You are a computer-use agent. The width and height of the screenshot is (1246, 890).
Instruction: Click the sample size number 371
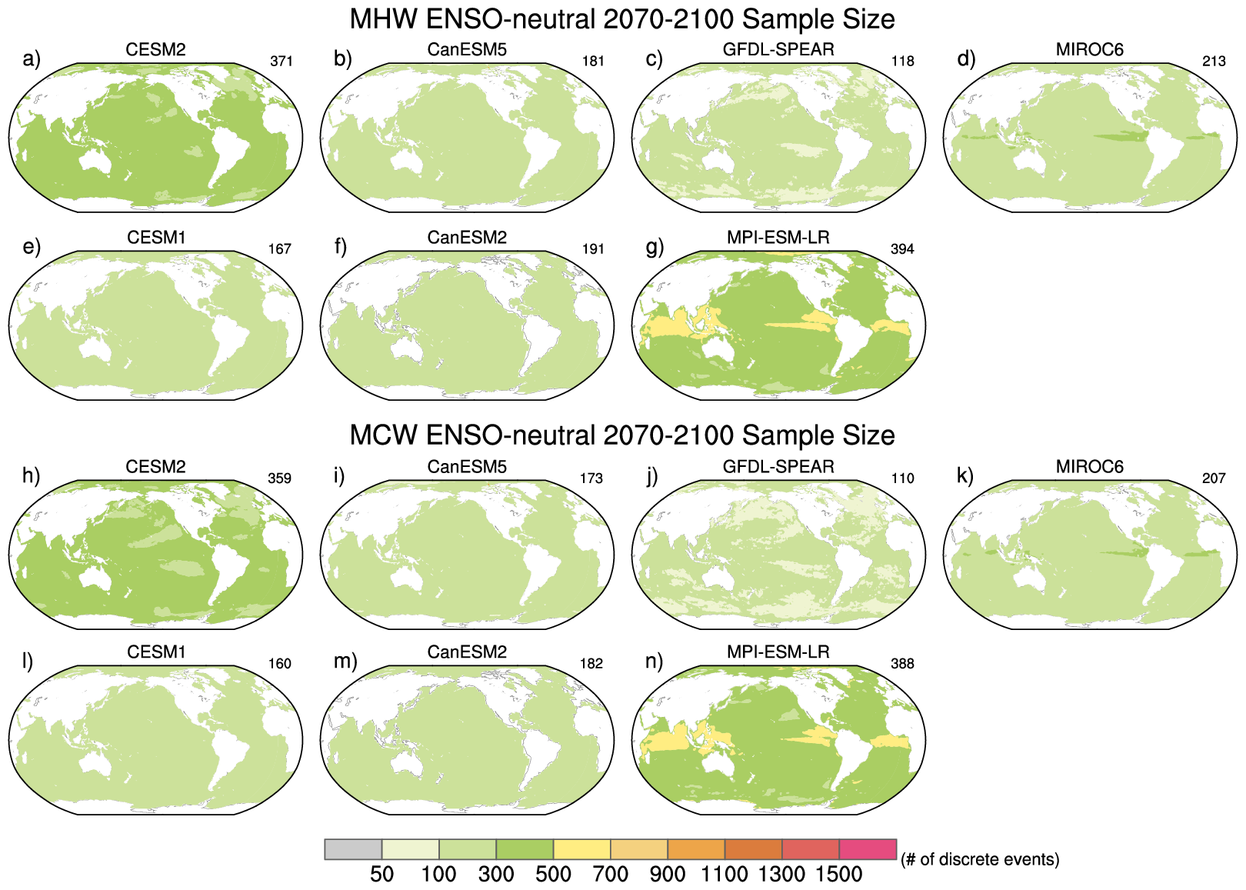coord(282,62)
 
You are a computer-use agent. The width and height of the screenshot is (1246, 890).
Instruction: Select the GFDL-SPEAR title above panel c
coord(778,49)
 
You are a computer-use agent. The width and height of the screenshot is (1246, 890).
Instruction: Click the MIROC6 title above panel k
coord(1089,466)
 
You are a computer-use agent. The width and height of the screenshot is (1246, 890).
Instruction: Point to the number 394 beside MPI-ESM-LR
coord(902,249)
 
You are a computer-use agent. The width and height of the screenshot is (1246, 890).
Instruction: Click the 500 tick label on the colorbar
coord(554,875)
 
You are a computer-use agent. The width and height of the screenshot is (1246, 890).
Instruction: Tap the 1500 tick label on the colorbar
coord(839,875)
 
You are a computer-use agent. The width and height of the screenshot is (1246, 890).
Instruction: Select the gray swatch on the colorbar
coord(353,849)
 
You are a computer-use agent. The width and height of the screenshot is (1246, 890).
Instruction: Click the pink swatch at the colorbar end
coord(868,849)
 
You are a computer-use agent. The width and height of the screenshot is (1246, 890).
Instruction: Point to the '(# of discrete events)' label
coord(980,859)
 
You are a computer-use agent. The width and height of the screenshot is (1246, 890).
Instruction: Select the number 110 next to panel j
coord(902,478)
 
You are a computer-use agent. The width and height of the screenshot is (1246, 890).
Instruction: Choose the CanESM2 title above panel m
coord(467,652)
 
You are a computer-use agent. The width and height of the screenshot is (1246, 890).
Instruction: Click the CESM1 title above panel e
coord(156,238)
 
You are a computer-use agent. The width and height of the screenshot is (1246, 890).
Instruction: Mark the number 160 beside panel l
coord(279,664)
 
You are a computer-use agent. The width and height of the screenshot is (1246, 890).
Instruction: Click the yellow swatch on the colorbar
coord(581,849)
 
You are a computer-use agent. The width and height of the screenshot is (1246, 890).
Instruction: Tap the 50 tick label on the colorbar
coord(382,875)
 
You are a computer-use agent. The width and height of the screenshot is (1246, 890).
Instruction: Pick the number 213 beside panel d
coord(1214,62)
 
